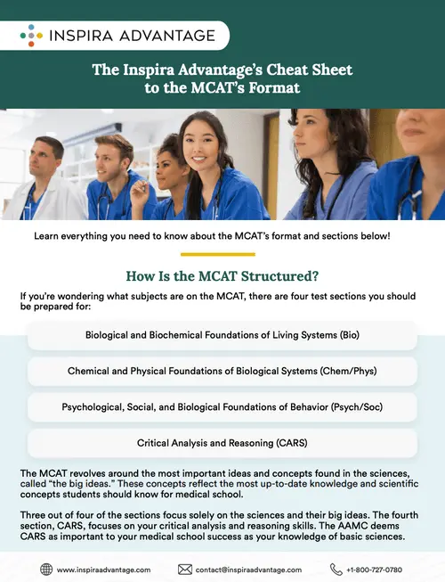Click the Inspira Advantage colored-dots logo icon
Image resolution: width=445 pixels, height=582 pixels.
29,35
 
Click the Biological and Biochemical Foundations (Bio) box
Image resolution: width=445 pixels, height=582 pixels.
222,336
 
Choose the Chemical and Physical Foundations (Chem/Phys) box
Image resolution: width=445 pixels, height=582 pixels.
222,371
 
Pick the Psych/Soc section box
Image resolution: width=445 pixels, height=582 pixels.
222,406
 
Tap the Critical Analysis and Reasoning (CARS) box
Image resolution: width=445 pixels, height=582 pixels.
222,442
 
